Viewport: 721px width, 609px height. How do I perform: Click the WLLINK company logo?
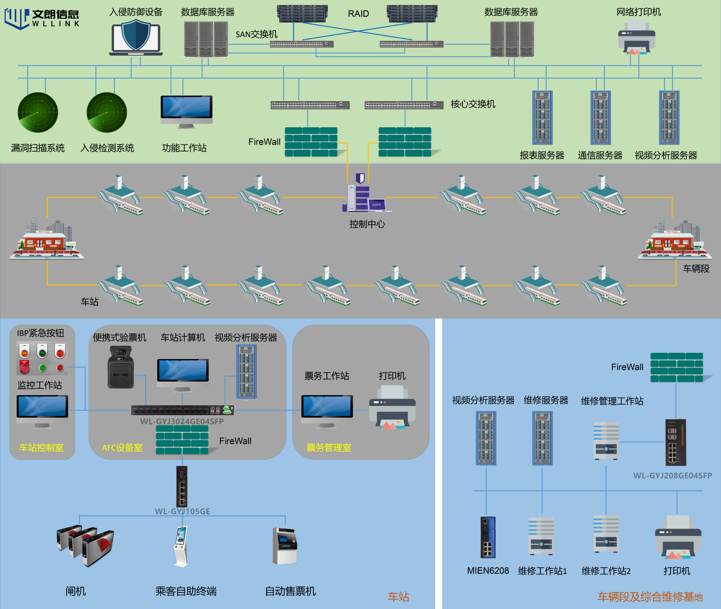point(41,18)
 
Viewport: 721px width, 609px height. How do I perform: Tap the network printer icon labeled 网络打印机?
point(636,37)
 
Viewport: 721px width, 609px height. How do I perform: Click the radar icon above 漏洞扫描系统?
point(38,112)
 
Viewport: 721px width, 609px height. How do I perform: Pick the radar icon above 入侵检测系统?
point(107,112)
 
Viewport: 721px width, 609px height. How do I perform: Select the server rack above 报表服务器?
point(542,117)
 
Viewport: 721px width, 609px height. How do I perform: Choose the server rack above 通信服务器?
point(600,117)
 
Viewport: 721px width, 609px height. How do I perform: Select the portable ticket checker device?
point(121,367)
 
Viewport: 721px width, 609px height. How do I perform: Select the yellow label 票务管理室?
point(329,448)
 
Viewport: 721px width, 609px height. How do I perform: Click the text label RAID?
point(358,14)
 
